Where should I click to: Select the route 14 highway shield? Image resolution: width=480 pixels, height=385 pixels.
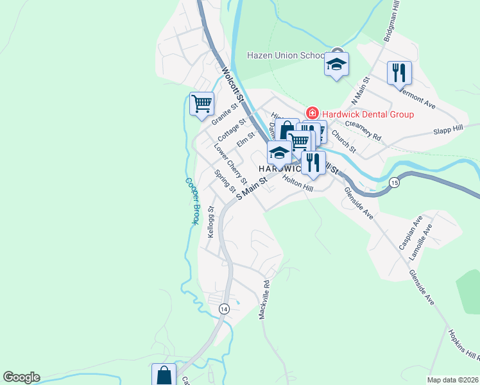tap(223, 309)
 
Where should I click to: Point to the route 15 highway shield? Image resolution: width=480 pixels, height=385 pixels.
tap(394, 184)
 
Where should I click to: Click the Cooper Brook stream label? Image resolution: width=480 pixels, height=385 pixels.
tap(191, 201)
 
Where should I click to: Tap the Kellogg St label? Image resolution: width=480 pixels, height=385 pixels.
tap(210, 222)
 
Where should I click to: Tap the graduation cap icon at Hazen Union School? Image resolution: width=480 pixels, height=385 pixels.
tap(336, 64)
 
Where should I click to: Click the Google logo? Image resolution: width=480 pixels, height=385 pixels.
tap(21, 377)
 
